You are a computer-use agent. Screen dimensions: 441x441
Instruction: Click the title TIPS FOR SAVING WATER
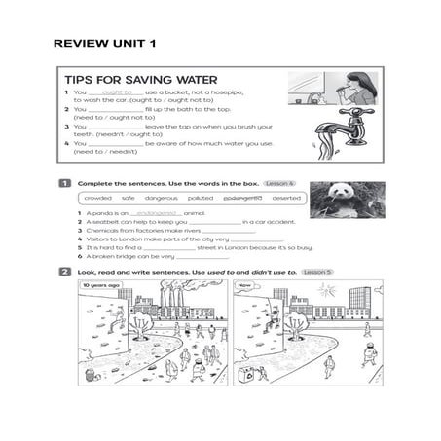[140, 80]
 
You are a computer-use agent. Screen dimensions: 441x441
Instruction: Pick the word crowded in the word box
[98, 198]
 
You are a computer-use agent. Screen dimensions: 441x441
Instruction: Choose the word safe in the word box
[129, 198]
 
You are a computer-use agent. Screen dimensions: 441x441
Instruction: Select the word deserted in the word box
[285, 198]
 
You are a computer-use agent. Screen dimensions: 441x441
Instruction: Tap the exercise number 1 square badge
[64, 183]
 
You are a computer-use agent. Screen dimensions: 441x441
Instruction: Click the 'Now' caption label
[245, 287]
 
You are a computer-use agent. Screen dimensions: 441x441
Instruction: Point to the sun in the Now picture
[326, 290]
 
